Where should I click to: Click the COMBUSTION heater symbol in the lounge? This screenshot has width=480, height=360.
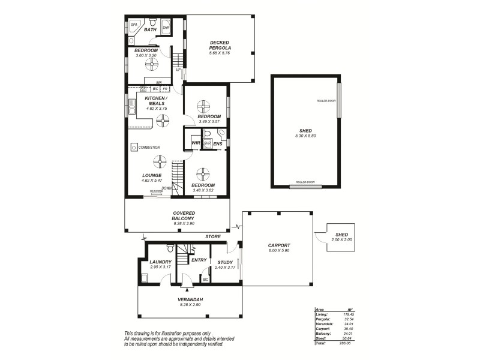pyautogui.click(x=133, y=147)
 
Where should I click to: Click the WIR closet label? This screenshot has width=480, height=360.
pyautogui.click(x=196, y=143)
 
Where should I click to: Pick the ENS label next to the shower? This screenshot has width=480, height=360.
pyautogui.click(x=218, y=144)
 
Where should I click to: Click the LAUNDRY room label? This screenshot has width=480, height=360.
pyautogui.click(x=161, y=262)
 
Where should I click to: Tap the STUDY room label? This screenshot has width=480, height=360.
pyautogui.click(x=225, y=262)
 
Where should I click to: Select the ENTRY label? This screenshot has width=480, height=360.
pyautogui.click(x=199, y=260)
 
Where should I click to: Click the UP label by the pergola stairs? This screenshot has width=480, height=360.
pyautogui.click(x=178, y=70)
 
